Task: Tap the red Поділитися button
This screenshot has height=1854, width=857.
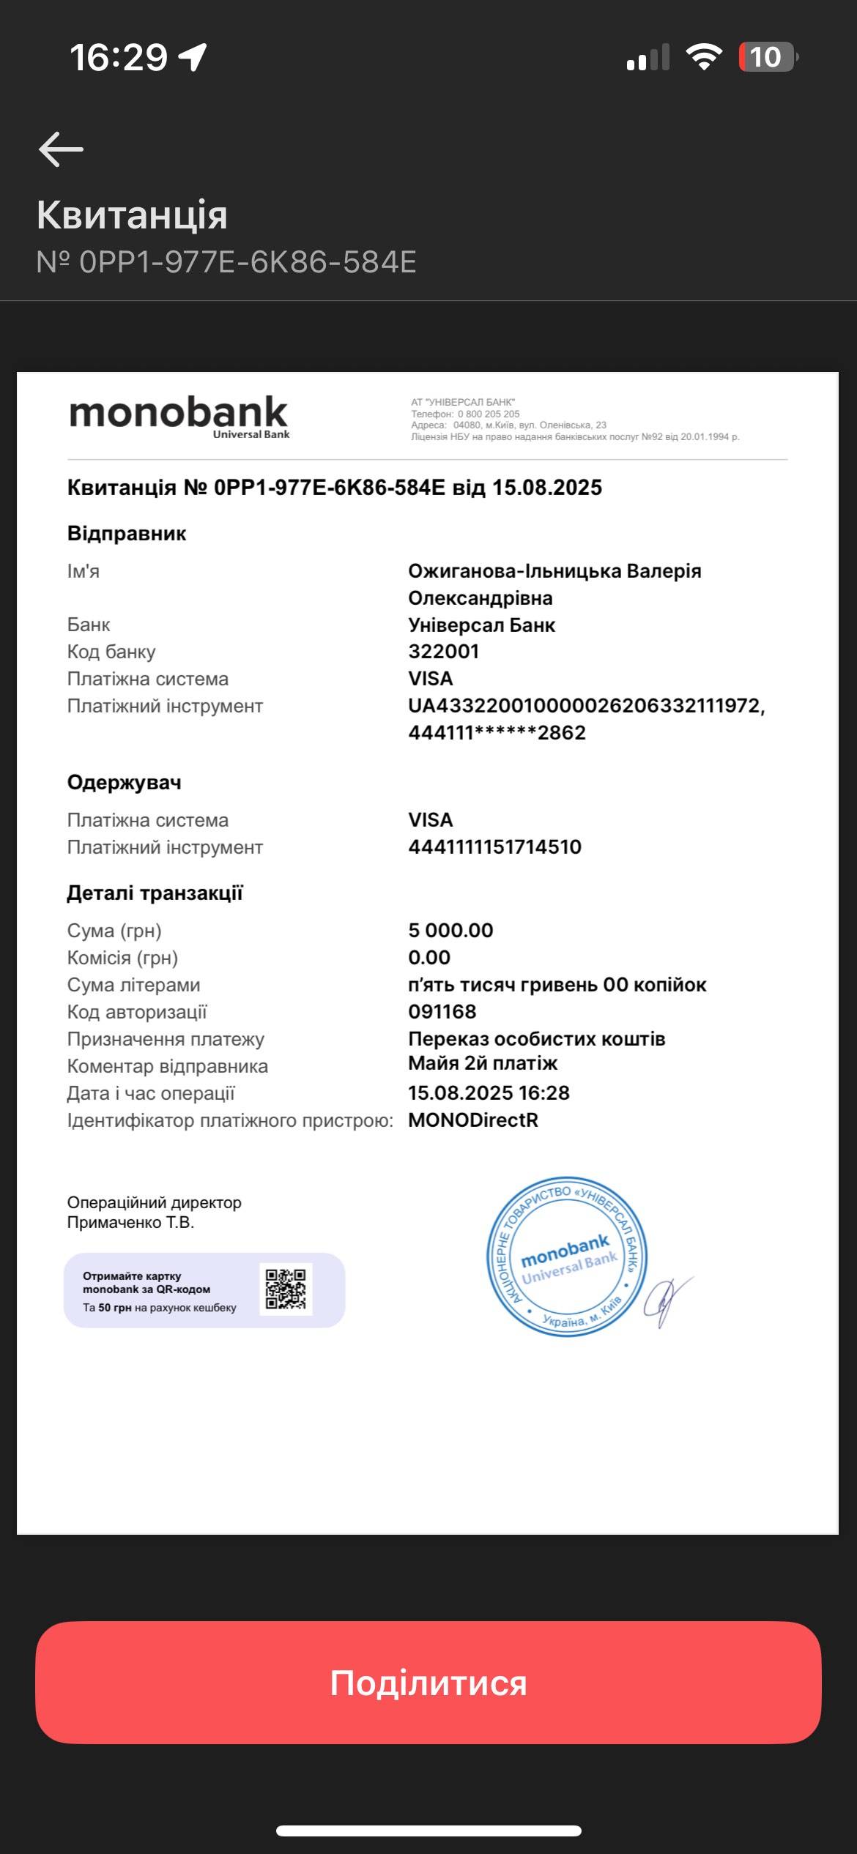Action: tap(428, 1683)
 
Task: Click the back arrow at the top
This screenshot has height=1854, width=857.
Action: tap(61, 149)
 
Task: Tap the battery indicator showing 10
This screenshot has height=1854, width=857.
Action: tap(766, 57)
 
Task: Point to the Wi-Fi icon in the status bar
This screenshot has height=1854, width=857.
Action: tap(703, 57)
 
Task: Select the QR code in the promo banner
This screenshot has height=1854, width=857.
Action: tap(286, 1289)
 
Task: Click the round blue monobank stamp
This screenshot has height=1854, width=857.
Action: tap(566, 1257)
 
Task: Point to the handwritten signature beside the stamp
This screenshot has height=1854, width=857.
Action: tap(667, 1300)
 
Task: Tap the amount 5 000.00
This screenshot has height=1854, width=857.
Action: tap(450, 930)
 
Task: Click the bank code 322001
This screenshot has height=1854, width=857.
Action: tap(443, 651)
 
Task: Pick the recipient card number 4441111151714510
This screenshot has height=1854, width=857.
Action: tap(494, 846)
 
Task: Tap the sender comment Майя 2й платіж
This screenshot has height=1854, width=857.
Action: tap(483, 1062)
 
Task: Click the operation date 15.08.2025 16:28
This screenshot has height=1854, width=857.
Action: tap(489, 1092)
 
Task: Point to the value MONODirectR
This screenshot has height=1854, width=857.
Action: tap(473, 1120)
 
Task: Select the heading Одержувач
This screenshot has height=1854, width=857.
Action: tap(124, 782)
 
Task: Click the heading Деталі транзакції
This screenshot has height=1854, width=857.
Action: tap(155, 893)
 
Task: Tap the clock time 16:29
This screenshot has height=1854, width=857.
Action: tap(119, 57)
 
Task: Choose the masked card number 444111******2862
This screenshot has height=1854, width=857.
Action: tap(497, 732)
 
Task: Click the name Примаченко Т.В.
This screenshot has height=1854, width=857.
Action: tap(130, 1222)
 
